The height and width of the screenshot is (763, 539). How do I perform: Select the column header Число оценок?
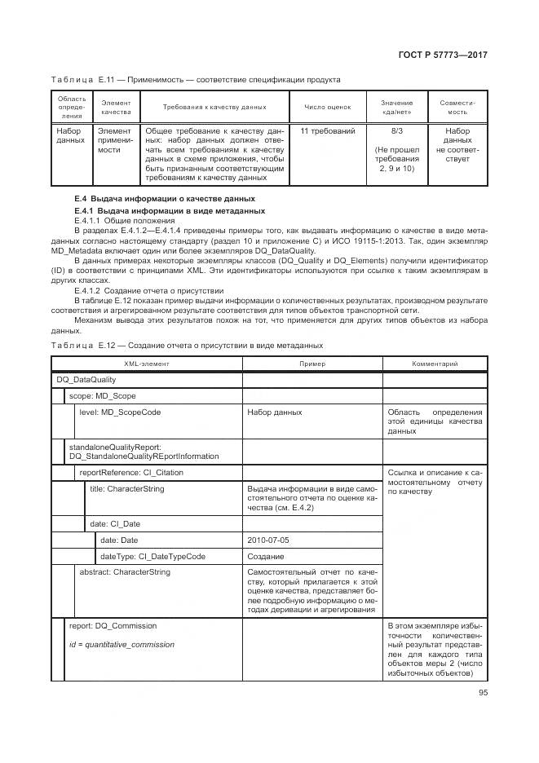(327, 107)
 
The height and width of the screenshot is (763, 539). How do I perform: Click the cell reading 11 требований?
(327, 130)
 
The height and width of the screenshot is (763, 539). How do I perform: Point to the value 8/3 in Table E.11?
(396, 130)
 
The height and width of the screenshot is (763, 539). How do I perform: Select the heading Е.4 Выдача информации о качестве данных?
(164, 199)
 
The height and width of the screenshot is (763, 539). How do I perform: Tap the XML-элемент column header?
(147, 364)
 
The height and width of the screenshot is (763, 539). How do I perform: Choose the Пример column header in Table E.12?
(311, 364)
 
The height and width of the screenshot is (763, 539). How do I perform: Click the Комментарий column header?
(435, 364)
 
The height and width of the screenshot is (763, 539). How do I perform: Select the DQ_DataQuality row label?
(86, 379)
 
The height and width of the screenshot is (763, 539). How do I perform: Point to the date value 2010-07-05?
(266, 540)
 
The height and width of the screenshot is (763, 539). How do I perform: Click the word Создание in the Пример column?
(266, 556)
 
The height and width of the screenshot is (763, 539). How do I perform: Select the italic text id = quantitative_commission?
(121, 644)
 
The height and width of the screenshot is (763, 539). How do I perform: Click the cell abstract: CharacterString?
(125, 572)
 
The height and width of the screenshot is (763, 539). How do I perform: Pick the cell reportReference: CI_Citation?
(130, 472)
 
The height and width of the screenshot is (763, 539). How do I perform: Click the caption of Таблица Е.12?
(187, 345)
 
